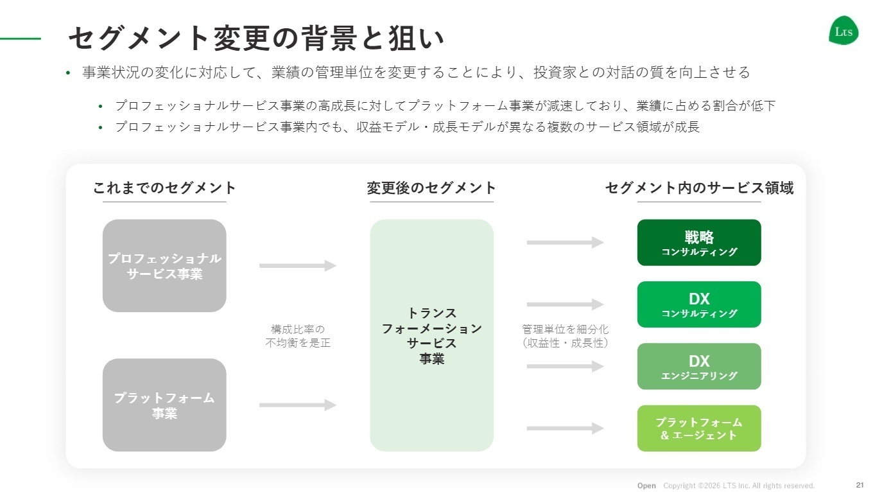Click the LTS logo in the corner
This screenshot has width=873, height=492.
coord(843,30)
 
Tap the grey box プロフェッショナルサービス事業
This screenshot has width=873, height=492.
coord(164,266)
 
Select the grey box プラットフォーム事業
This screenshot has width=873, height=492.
coord(164,405)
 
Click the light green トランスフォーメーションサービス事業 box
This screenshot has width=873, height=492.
coord(431,335)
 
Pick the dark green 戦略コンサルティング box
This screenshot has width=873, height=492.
coord(698,243)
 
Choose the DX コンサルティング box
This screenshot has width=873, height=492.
coord(698,304)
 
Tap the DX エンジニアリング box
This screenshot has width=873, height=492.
coord(698,366)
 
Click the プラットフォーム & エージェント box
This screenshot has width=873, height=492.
coord(698,428)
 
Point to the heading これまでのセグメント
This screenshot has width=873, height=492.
coord(164,188)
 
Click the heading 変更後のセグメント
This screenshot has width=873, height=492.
coord(431,188)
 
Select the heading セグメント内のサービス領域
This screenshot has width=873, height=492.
coord(699,188)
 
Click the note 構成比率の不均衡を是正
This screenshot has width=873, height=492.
coord(298,336)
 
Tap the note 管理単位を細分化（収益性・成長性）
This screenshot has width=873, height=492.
coord(565,336)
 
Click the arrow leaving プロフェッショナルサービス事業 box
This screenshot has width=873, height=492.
coord(298,265)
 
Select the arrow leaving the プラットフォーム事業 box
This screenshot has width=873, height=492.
coord(298,405)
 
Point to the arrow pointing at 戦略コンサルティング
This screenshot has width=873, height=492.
coord(565,242)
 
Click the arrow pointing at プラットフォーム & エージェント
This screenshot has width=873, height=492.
coord(565,428)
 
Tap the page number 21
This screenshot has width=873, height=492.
coord(860,484)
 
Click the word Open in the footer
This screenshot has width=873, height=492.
coord(646,486)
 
